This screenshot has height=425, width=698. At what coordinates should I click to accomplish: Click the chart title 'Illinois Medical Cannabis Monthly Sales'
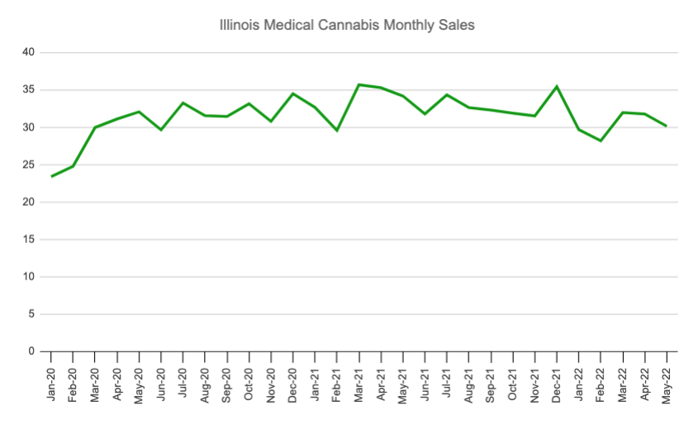click(347, 26)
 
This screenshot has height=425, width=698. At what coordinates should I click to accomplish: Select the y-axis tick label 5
click(31, 314)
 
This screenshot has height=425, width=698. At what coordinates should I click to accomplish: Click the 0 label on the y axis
click(31, 351)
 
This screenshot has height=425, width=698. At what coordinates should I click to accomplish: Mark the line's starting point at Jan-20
click(51, 176)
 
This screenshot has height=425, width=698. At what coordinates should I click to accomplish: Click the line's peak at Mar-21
click(359, 84)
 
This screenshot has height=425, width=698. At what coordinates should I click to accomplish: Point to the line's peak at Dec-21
click(557, 86)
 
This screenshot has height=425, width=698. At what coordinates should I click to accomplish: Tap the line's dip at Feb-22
click(601, 141)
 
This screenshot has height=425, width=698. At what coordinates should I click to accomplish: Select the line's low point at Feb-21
click(337, 131)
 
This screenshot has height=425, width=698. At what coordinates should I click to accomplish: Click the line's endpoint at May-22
click(666, 126)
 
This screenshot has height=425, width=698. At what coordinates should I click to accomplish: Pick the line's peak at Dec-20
click(293, 93)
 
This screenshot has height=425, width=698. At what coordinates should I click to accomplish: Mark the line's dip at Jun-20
click(161, 130)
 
